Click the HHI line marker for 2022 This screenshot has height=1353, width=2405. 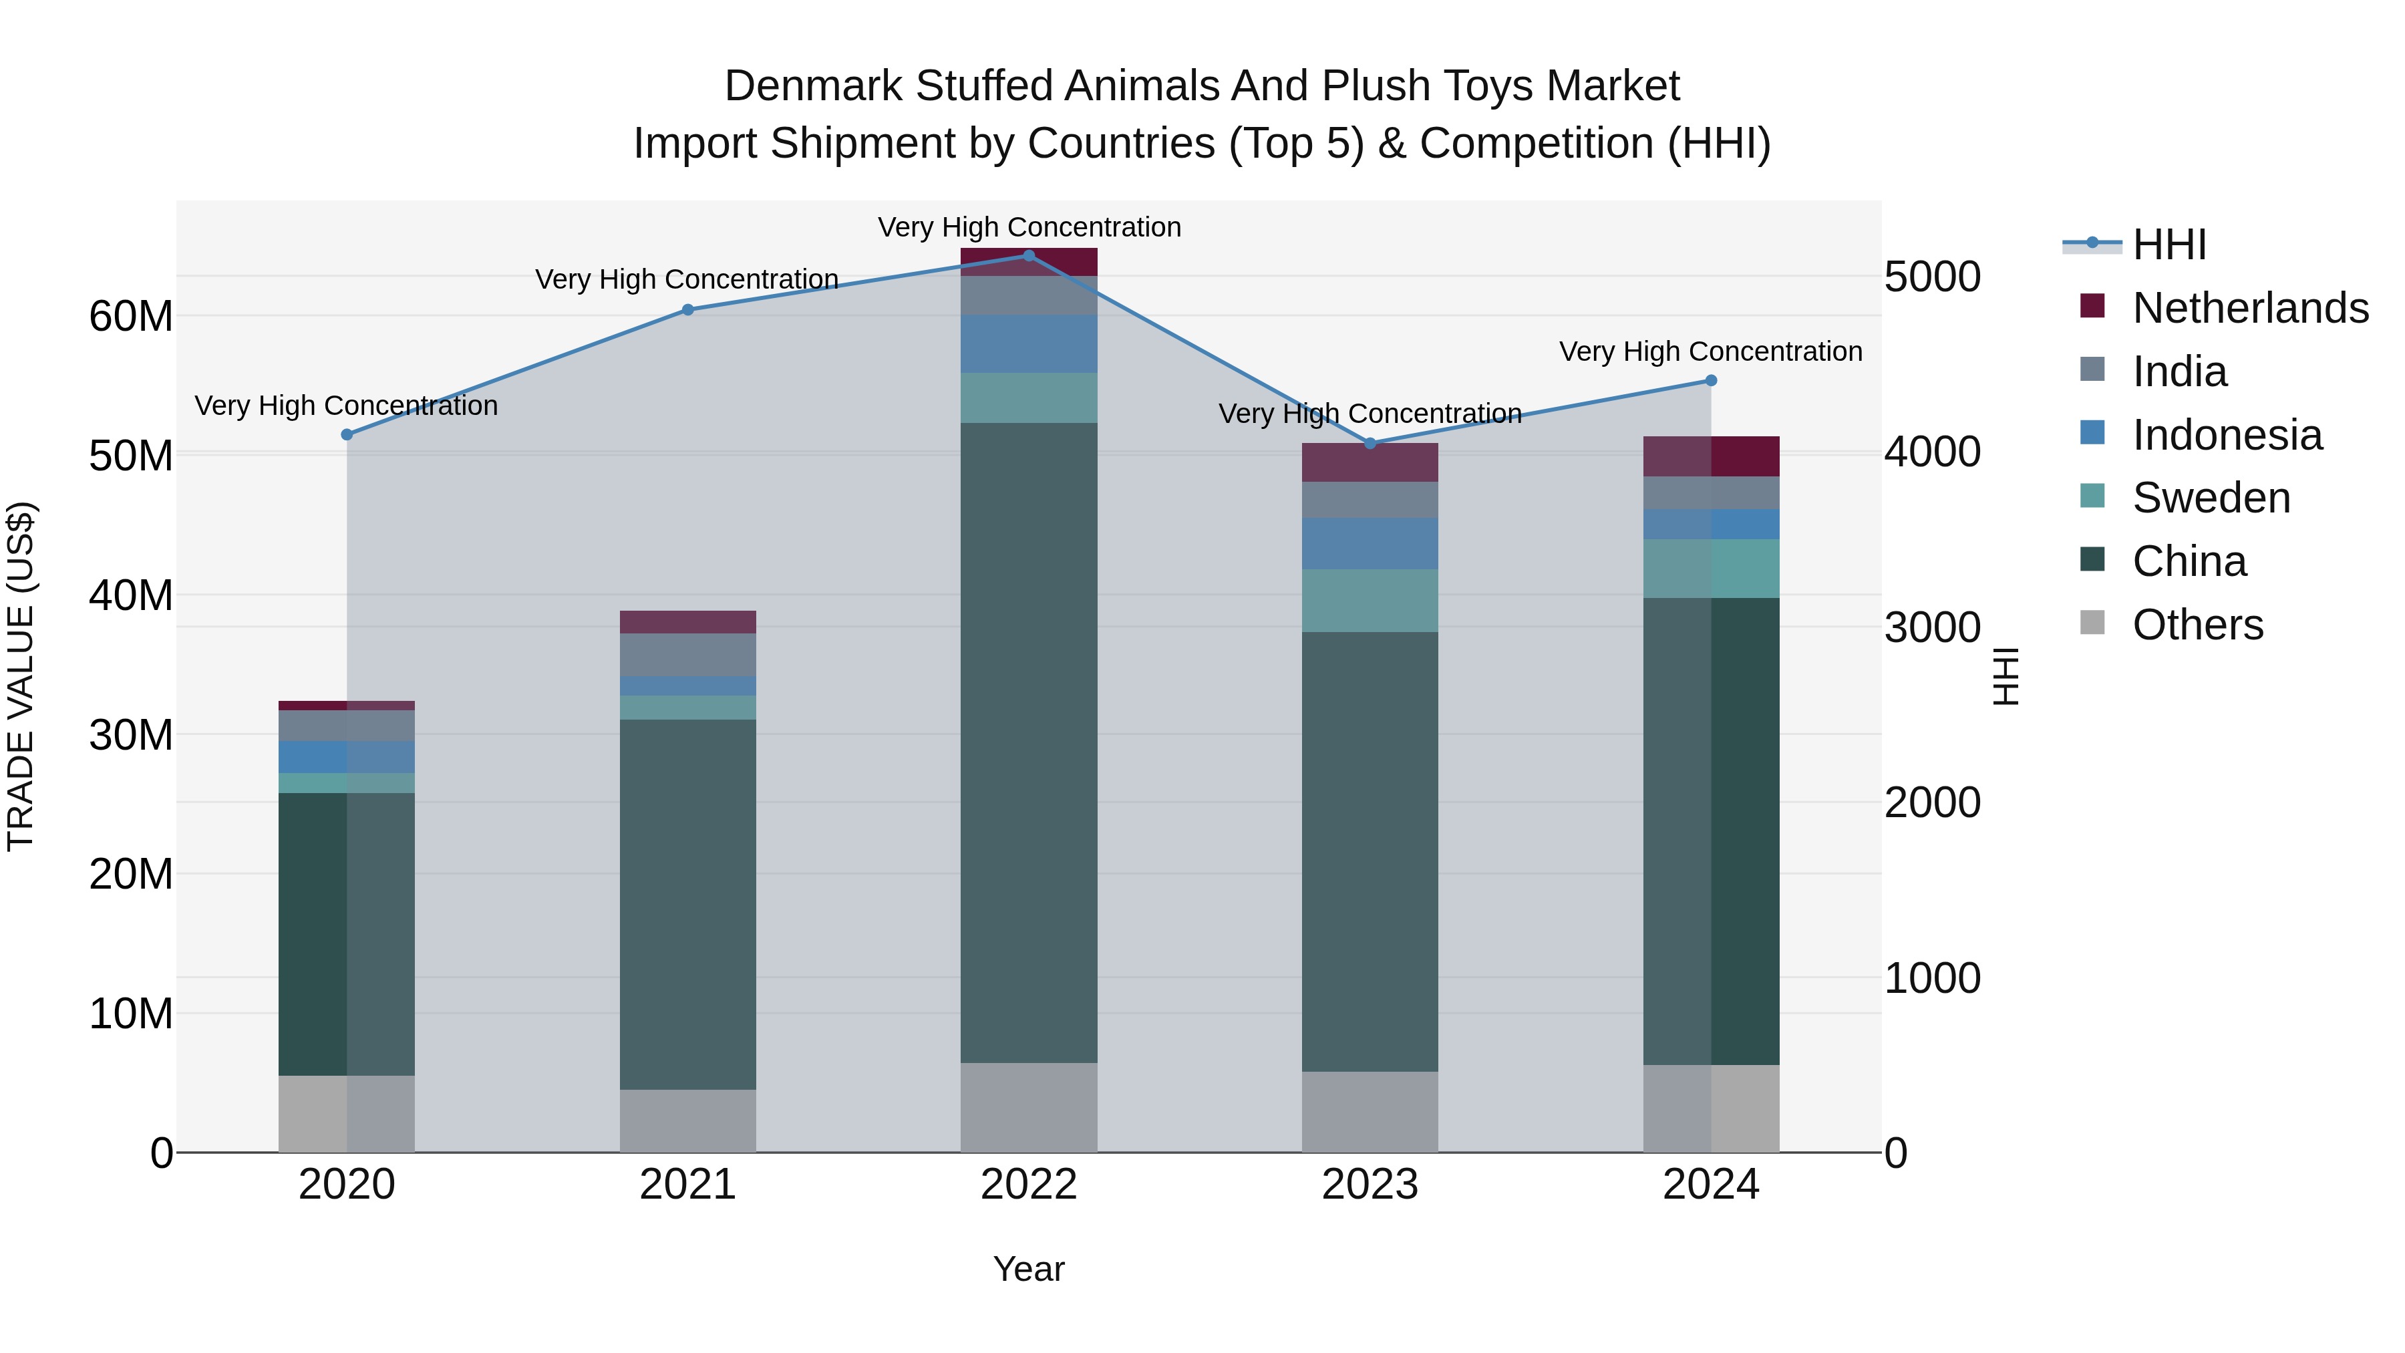tap(1029, 255)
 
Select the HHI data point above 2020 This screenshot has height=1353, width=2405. tap(346, 434)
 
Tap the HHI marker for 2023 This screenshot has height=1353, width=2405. tap(1370, 444)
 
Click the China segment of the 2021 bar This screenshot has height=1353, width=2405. tap(687, 904)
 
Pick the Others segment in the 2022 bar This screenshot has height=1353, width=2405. tap(1029, 1107)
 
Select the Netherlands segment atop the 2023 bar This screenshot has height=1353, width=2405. tap(1370, 462)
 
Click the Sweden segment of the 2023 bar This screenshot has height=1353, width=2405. tap(1370, 601)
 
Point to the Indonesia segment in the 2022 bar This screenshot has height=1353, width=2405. tap(1029, 343)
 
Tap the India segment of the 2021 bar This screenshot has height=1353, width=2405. tap(687, 655)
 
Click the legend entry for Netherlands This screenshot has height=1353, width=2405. tap(2250, 308)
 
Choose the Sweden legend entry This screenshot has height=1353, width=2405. tap(2211, 498)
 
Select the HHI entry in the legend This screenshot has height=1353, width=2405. tap(2169, 245)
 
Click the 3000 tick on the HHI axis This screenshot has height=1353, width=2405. tap(1931, 627)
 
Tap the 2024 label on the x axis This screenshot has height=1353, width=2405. tap(1710, 1185)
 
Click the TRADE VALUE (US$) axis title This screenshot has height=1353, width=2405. tap(21, 676)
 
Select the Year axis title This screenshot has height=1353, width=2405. tap(1029, 1269)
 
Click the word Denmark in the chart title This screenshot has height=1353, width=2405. tap(813, 86)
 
